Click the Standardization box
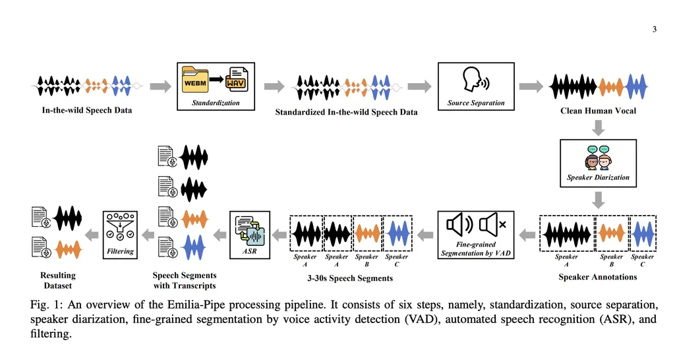tap(216, 86)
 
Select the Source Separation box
tap(475, 86)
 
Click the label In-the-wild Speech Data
tap(87, 110)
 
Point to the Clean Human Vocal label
tap(598, 111)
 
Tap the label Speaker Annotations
tap(598, 277)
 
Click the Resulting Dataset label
tap(58, 280)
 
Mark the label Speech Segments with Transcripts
tap(185, 280)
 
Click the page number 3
tap(655, 29)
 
